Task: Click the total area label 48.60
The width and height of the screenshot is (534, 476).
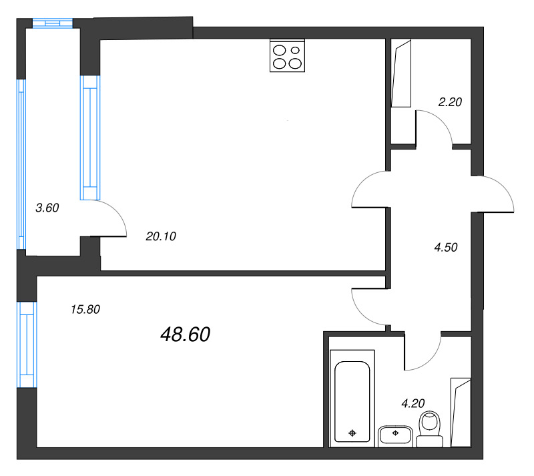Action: pos(186,334)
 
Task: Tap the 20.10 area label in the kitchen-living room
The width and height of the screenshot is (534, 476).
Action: pos(160,236)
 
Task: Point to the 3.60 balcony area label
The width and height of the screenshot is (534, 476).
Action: pos(47,208)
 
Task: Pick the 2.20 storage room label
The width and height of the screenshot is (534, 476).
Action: pos(450,102)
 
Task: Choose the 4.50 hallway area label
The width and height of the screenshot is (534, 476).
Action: pos(445,247)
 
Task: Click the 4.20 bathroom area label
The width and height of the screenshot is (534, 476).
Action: pos(413,403)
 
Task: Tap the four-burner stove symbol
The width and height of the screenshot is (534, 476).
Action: pos(288,56)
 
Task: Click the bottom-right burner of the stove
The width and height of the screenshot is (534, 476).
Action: pos(295,63)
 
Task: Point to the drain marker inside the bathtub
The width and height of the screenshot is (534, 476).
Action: pos(352,434)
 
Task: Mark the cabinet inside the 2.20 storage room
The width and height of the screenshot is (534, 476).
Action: pos(402,73)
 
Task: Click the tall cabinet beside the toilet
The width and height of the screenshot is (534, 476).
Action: pos(460,412)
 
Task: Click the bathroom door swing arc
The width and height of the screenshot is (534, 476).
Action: pos(423,352)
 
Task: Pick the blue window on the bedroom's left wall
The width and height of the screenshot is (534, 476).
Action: pos(27,344)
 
